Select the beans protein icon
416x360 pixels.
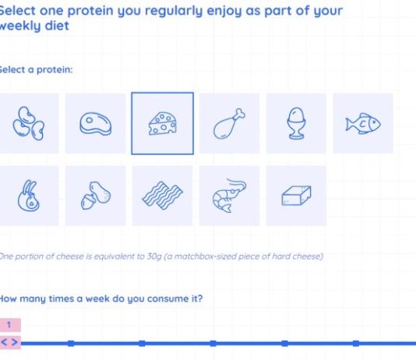point(28,123)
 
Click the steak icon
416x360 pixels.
point(96,124)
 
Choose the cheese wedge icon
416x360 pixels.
point(162,123)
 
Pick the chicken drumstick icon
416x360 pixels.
point(229,124)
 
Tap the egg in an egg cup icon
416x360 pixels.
point(296,123)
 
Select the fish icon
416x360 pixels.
point(363,124)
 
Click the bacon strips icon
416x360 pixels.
point(162,196)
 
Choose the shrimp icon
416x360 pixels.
point(229,196)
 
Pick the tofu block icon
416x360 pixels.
point(296,196)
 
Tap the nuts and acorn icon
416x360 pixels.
point(96,196)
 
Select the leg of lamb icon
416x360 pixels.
point(28,196)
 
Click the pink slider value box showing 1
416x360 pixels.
point(10,325)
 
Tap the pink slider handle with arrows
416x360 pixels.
point(10,342)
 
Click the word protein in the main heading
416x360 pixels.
point(90,11)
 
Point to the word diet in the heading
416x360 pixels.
point(57,26)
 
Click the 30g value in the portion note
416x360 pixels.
point(154,256)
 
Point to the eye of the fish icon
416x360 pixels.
point(375,122)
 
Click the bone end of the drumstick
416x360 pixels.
point(240,113)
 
